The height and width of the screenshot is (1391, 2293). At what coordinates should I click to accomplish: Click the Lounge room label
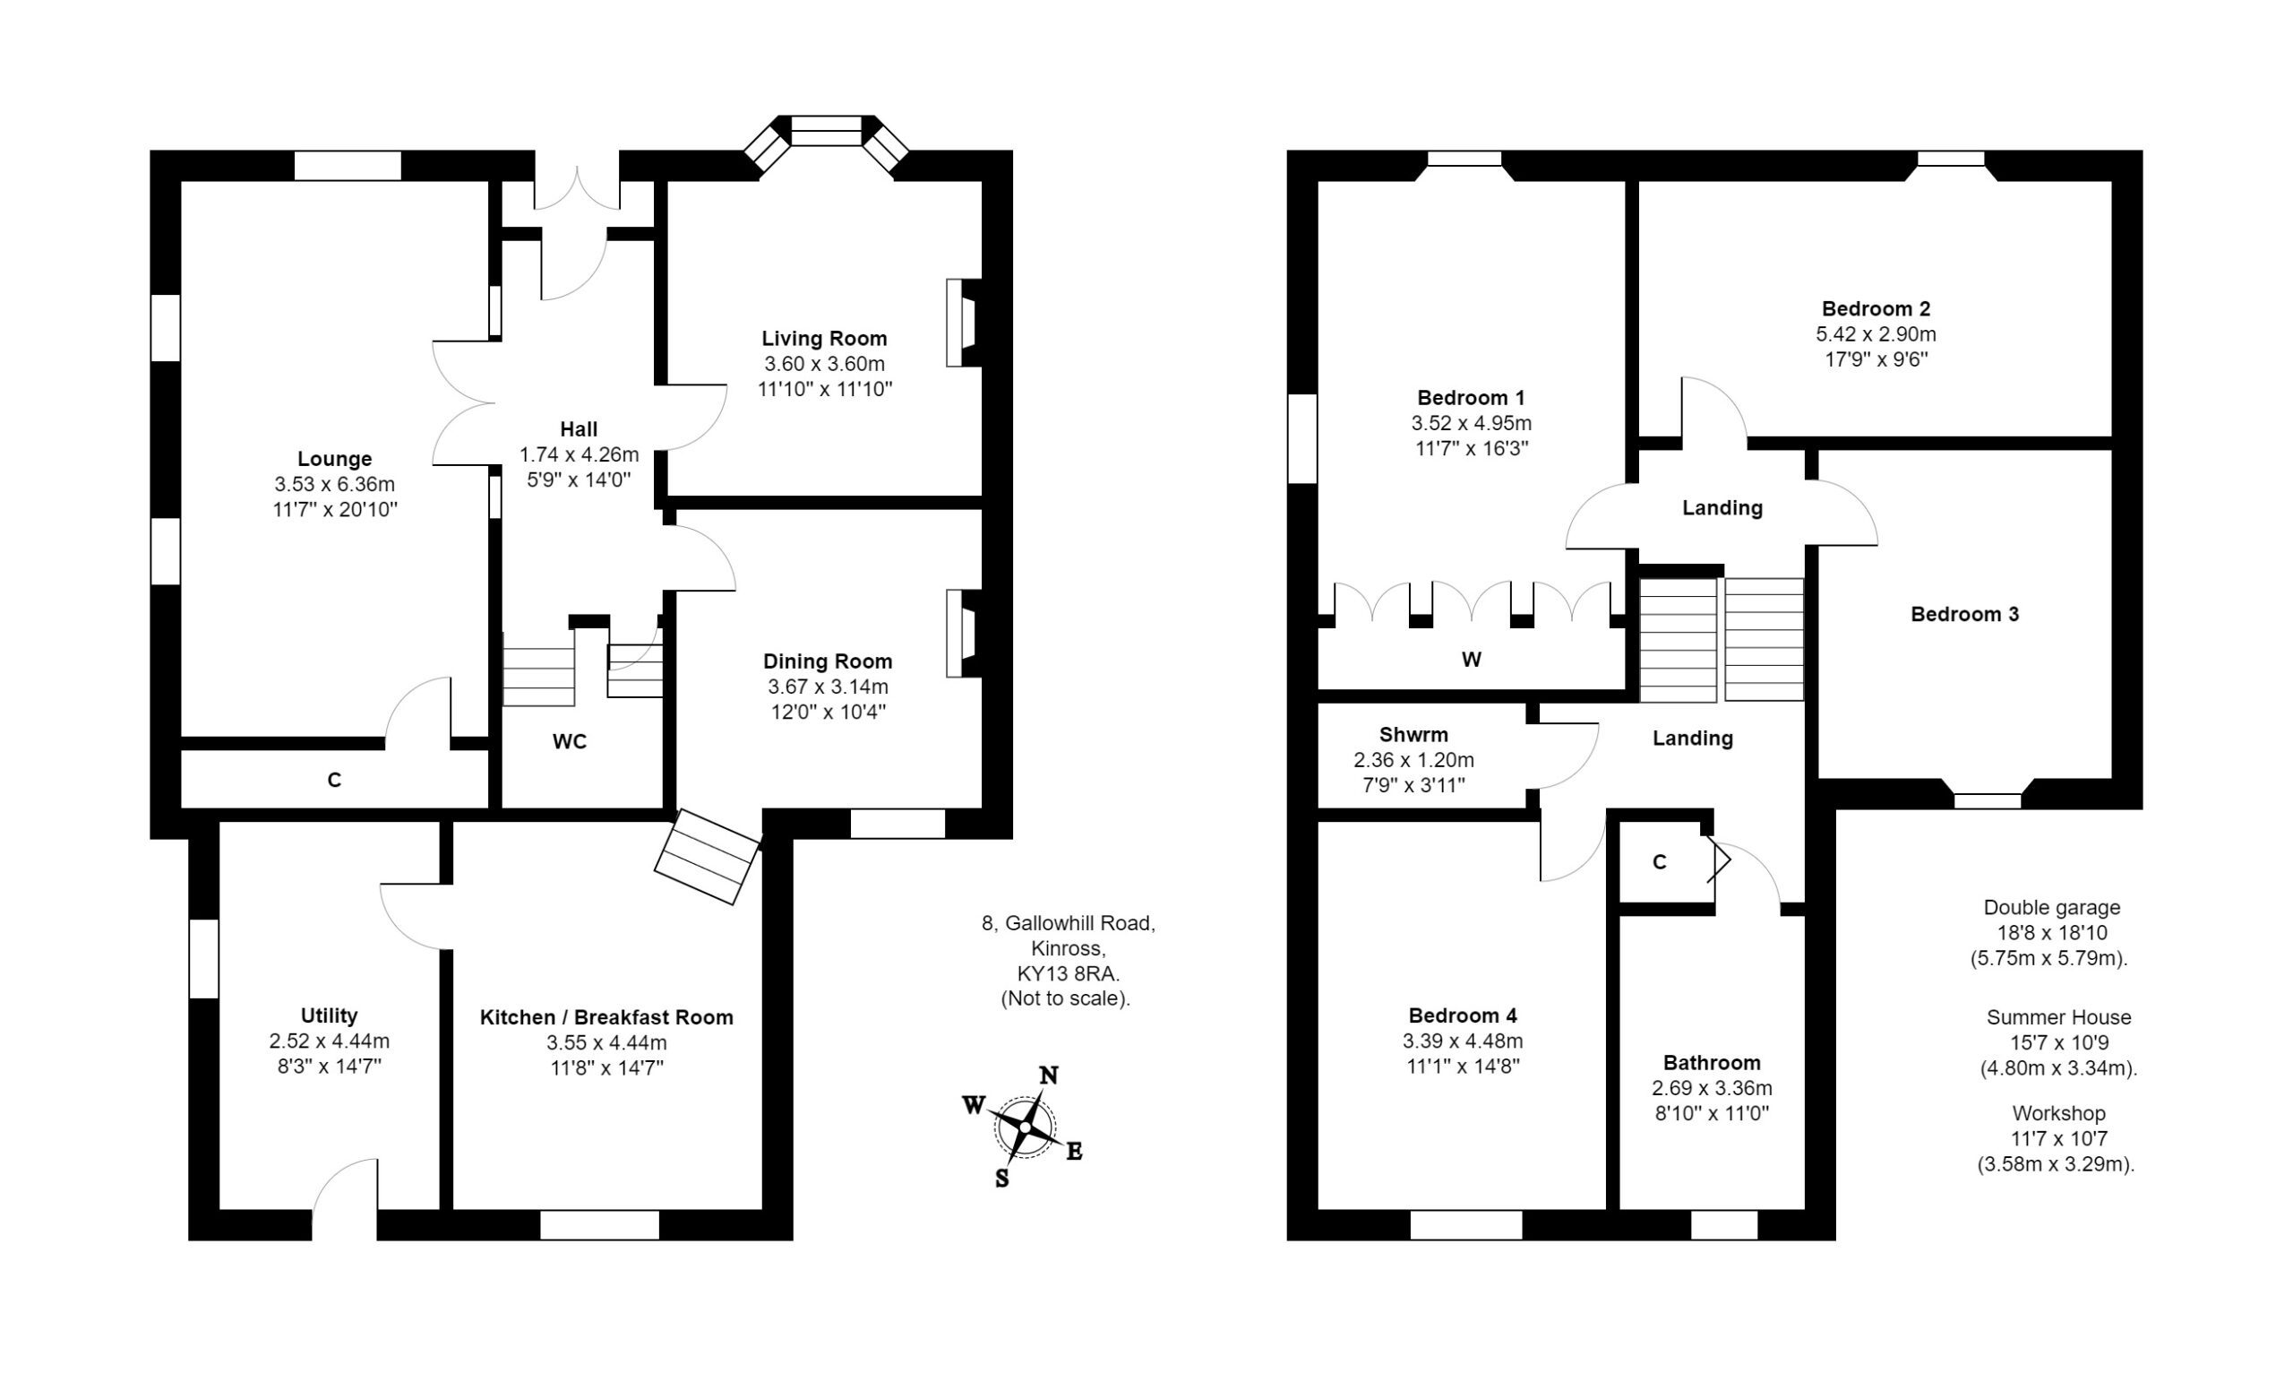(x=334, y=459)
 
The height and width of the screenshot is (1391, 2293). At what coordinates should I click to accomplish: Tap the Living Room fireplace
(x=961, y=322)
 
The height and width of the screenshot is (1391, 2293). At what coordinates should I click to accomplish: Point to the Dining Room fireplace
(x=961, y=633)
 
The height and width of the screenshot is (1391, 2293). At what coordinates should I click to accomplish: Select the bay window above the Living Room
(x=827, y=133)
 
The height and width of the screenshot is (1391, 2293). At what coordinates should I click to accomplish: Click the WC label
(x=570, y=741)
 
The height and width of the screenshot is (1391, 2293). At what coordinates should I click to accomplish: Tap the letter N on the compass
(x=1049, y=1076)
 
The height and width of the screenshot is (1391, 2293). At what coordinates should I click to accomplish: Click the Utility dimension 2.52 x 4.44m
(x=330, y=1041)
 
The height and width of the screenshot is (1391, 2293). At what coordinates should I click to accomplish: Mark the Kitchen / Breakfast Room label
(x=606, y=1017)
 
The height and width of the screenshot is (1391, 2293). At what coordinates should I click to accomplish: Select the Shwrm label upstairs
(x=1413, y=735)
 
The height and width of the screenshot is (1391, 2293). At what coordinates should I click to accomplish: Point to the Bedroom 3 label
(x=1964, y=615)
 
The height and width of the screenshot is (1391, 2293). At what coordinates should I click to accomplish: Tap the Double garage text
(x=2052, y=908)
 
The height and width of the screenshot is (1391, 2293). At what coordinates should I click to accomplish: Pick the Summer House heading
(x=2058, y=1017)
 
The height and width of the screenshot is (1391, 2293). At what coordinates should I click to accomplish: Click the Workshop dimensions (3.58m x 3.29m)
(x=2056, y=1164)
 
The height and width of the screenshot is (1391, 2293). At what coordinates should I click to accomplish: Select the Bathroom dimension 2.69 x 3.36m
(x=1712, y=1087)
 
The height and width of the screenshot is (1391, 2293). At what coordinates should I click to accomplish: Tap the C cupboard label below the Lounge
(x=334, y=781)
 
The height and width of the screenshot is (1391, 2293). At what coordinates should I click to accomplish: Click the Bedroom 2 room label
(x=1876, y=308)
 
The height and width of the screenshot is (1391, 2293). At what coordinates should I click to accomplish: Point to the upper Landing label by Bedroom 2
(x=1722, y=508)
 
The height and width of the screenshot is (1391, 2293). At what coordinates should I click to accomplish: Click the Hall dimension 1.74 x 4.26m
(x=579, y=454)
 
